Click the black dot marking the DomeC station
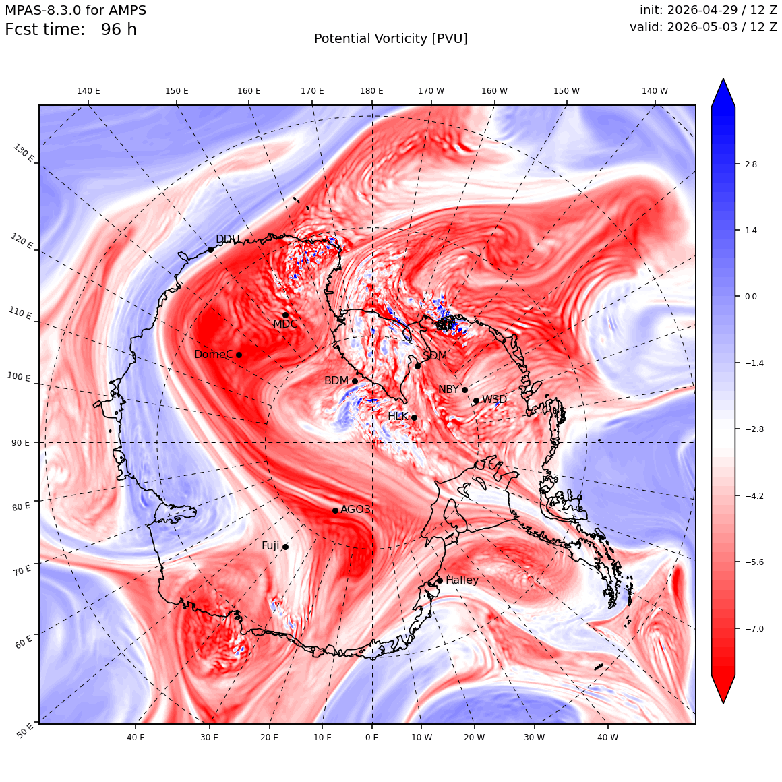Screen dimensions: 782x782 239,355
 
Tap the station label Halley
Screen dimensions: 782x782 462,580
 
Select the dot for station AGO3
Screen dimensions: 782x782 336,510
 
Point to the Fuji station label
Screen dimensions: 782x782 271,546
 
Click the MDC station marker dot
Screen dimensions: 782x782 285,315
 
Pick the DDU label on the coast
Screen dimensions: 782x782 227,239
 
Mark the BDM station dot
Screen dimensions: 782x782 355,381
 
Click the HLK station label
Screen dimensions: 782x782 398,416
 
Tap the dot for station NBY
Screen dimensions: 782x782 464,390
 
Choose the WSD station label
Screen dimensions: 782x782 494,400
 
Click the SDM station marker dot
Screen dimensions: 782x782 417,366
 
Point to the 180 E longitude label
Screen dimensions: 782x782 372,91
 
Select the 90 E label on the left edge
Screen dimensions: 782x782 20,442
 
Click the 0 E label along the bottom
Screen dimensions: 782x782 372,737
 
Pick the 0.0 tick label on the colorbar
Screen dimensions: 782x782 750,296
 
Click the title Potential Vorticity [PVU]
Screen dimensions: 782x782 391,39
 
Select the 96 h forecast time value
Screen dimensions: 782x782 119,30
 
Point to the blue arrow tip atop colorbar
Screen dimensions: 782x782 723,79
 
